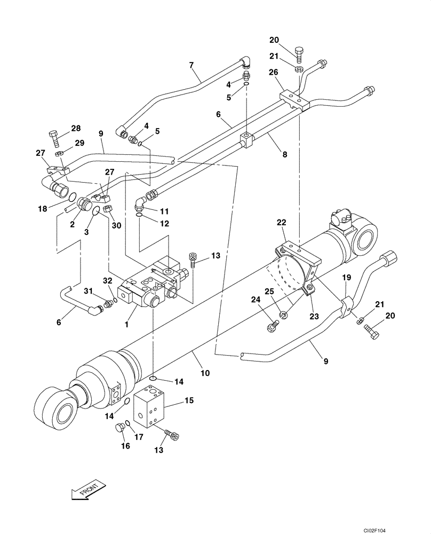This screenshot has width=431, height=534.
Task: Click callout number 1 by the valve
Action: tap(126, 324)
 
